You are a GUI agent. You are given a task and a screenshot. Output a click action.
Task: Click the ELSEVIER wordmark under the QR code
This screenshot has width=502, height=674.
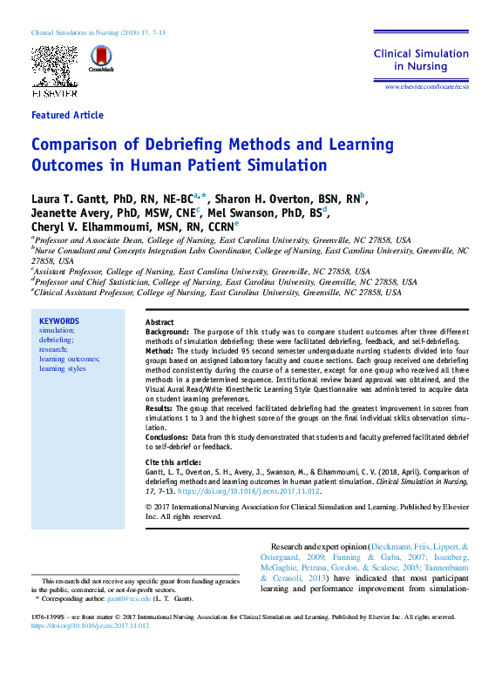pyautogui.click(x=55, y=91)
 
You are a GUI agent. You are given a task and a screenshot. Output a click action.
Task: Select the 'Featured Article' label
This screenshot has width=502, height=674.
pyautogui.click(x=67, y=115)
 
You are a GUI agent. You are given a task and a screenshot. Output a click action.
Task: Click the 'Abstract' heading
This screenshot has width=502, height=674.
pyautogui.click(x=159, y=322)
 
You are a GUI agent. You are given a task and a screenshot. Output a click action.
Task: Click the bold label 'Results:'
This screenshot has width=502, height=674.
pyautogui.click(x=159, y=408)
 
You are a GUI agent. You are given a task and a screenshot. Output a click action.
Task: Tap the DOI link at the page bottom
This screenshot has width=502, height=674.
pyautogui.click(x=90, y=625)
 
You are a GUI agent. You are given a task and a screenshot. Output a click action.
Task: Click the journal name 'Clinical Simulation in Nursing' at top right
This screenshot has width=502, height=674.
pyautogui.click(x=422, y=59)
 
